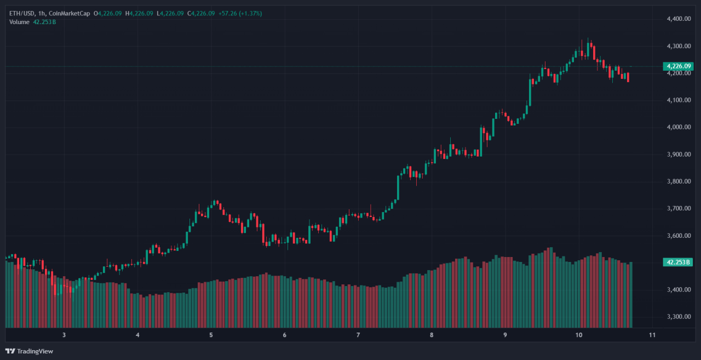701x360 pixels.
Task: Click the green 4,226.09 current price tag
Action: coord(677,66)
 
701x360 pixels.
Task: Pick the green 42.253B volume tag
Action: coord(677,262)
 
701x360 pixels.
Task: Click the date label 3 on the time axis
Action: coord(64,335)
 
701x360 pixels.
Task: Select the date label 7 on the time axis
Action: coord(358,335)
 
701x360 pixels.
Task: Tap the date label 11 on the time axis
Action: coord(652,335)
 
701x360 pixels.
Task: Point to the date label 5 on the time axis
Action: coord(211,335)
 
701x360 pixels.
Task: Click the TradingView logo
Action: coord(30,351)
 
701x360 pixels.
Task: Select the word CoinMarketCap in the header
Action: coord(70,13)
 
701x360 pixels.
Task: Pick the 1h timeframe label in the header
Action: coord(44,13)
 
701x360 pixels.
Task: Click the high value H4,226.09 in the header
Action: coord(139,13)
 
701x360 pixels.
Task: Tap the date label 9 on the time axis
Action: coord(505,335)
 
